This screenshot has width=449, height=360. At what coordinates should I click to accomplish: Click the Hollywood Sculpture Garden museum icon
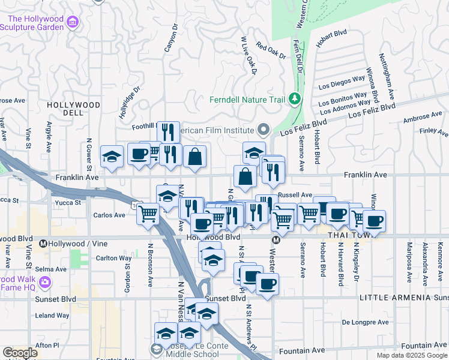[73, 23]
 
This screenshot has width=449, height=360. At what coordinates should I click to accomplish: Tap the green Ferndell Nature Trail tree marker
[294, 98]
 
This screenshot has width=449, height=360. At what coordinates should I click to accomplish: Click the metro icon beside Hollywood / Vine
[43, 244]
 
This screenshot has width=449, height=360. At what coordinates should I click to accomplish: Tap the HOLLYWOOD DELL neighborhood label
[73, 109]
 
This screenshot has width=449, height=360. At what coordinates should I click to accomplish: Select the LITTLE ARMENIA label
[394, 298]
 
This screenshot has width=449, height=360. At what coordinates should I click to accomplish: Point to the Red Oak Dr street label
[270, 51]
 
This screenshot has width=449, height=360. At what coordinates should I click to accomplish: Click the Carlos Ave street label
[109, 215]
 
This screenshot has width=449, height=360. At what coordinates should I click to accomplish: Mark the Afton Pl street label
[47, 345]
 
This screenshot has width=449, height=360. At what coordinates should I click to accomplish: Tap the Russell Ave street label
[295, 195]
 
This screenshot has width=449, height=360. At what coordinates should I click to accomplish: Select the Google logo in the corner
[20, 353]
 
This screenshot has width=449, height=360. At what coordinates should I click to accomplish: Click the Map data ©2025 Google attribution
[412, 355]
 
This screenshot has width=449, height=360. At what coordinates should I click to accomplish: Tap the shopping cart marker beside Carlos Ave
[148, 213]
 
